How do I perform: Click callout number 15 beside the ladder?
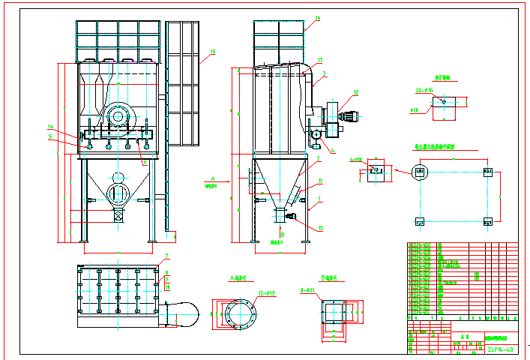213,51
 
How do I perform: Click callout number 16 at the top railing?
317,18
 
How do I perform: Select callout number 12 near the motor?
356,93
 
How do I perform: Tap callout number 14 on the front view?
50,126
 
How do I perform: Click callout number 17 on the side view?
320,60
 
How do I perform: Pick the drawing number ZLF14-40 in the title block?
499,349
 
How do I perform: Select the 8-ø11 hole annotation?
309,289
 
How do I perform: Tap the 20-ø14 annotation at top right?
425,90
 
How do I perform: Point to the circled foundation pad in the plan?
420,172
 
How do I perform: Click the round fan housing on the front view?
118,115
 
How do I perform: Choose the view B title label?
331,278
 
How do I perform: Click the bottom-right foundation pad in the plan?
488,221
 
